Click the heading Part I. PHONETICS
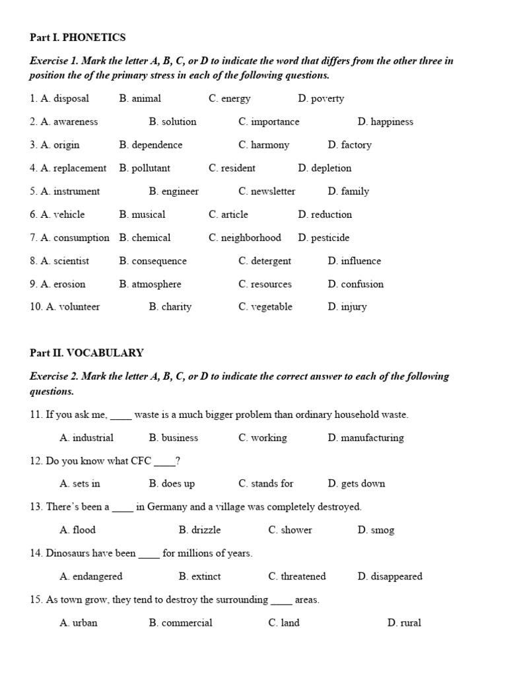pyautogui.click(x=77, y=38)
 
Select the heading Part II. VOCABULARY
pyautogui.click(x=86, y=353)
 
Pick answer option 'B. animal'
pyautogui.click(x=140, y=98)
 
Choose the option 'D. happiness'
pyautogui.click(x=386, y=121)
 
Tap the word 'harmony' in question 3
pyautogui.click(x=270, y=145)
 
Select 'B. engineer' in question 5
pyautogui.click(x=174, y=191)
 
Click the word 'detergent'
pyautogui.click(x=271, y=261)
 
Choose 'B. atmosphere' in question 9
pyautogui.click(x=150, y=284)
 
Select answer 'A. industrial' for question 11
pyautogui.click(x=86, y=438)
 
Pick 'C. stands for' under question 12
pyautogui.click(x=266, y=484)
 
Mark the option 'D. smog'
pyautogui.click(x=376, y=530)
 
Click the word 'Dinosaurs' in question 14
pyautogui.click(x=69, y=553)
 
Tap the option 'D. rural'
pyautogui.click(x=404, y=623)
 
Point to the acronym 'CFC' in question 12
pyautogui.click(x=143, y=461)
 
